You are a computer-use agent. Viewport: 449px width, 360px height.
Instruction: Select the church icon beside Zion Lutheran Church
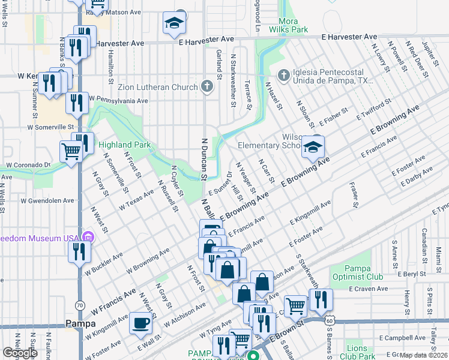(x=207, y=87)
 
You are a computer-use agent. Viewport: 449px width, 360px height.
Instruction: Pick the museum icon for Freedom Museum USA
(x=89, y=238)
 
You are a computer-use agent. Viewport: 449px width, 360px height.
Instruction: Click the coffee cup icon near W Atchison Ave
(x=140, y=322)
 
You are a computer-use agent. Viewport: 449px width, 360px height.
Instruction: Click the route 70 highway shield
(x=80, y=305)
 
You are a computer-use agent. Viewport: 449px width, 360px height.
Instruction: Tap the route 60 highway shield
(x=329, y=321)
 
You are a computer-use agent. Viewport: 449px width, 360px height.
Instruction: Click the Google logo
(x=20, y=353)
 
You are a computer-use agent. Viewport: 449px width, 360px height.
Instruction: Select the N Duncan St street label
(x=202, y=157)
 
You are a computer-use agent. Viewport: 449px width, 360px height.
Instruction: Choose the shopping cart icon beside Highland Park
(x=71, y=151)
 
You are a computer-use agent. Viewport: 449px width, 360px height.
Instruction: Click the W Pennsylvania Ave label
(x=118, y=99)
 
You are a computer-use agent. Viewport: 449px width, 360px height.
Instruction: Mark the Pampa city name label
(x=80, y=324)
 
